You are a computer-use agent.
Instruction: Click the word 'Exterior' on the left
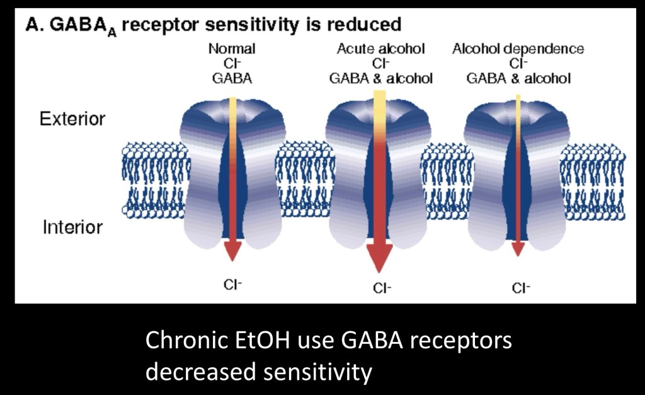(72, 119)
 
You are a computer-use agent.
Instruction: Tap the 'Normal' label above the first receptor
(232, 49)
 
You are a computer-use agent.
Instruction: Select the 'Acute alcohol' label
(380, 49)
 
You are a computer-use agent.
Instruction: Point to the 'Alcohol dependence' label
(518, 49)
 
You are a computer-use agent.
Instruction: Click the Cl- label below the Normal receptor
(233, 285)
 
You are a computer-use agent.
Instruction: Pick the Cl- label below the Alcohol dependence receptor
(520, 288)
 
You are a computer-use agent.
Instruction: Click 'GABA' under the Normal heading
(232, 78)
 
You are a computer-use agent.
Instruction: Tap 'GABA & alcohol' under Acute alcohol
(380, 78)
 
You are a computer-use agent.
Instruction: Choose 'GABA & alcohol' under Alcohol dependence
(518, 78)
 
